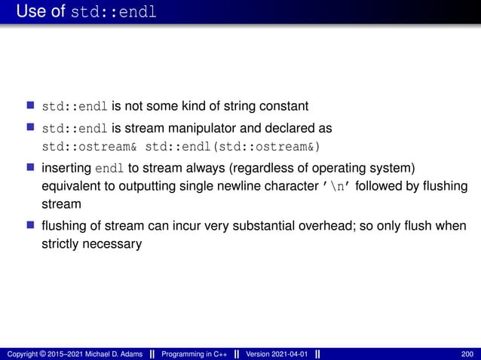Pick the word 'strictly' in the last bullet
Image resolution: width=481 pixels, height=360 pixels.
pos(59,244)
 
